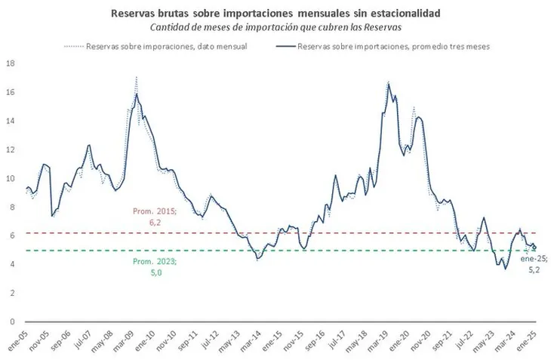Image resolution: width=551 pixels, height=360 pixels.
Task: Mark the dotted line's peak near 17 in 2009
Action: [136, 76]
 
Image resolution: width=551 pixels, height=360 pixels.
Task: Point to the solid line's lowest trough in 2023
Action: [506, 269]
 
